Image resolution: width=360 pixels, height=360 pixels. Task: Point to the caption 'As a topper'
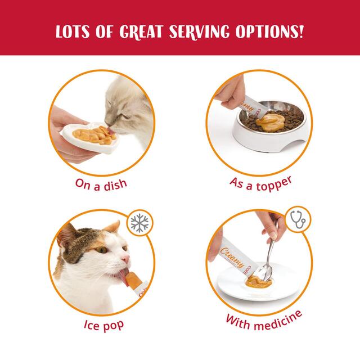[x=262, y=184]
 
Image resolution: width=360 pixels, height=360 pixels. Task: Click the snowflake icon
[x=142, y=224]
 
